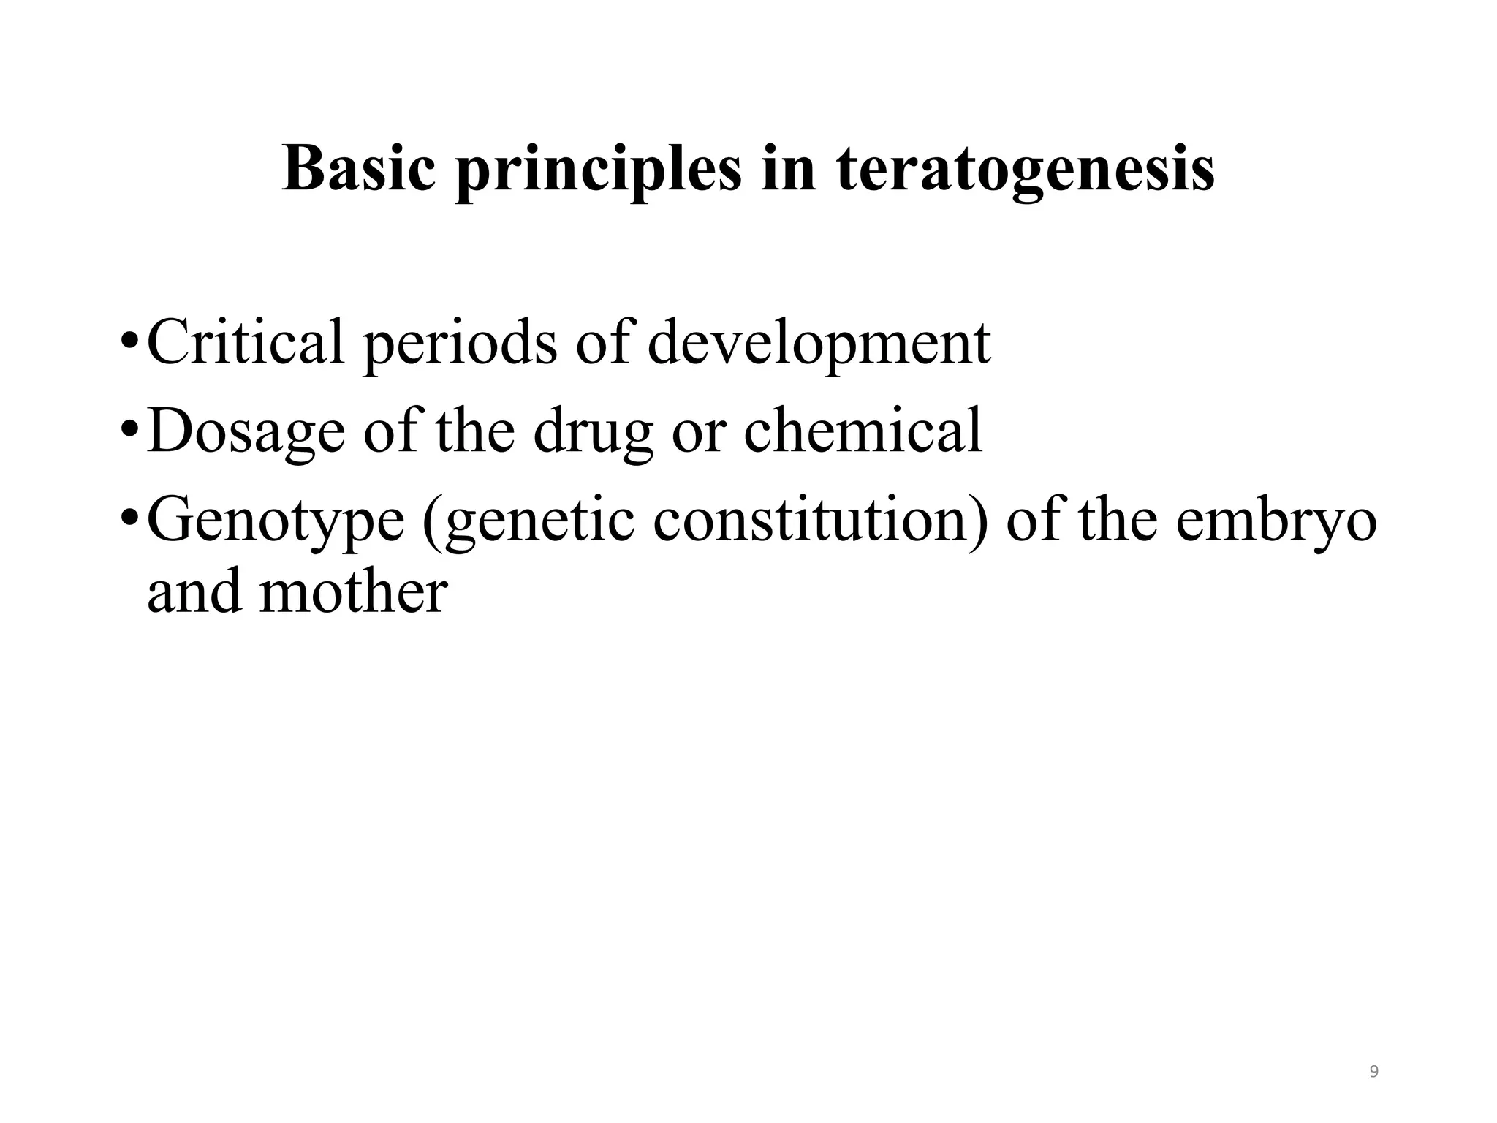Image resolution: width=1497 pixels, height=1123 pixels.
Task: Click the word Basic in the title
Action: click(x=358, y=169)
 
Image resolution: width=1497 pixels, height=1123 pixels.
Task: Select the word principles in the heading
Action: click(x=598, y=173)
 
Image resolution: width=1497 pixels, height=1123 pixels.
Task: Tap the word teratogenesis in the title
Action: click(x=1025, y=171)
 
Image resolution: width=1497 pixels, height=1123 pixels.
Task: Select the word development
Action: click(x=819, y=344)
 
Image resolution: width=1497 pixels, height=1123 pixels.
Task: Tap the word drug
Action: click(x=593, y=433)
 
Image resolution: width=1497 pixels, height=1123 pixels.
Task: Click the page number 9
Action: click(x=1373, y=1072)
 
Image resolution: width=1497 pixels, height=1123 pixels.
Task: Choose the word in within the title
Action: click(x=788, y=169)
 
